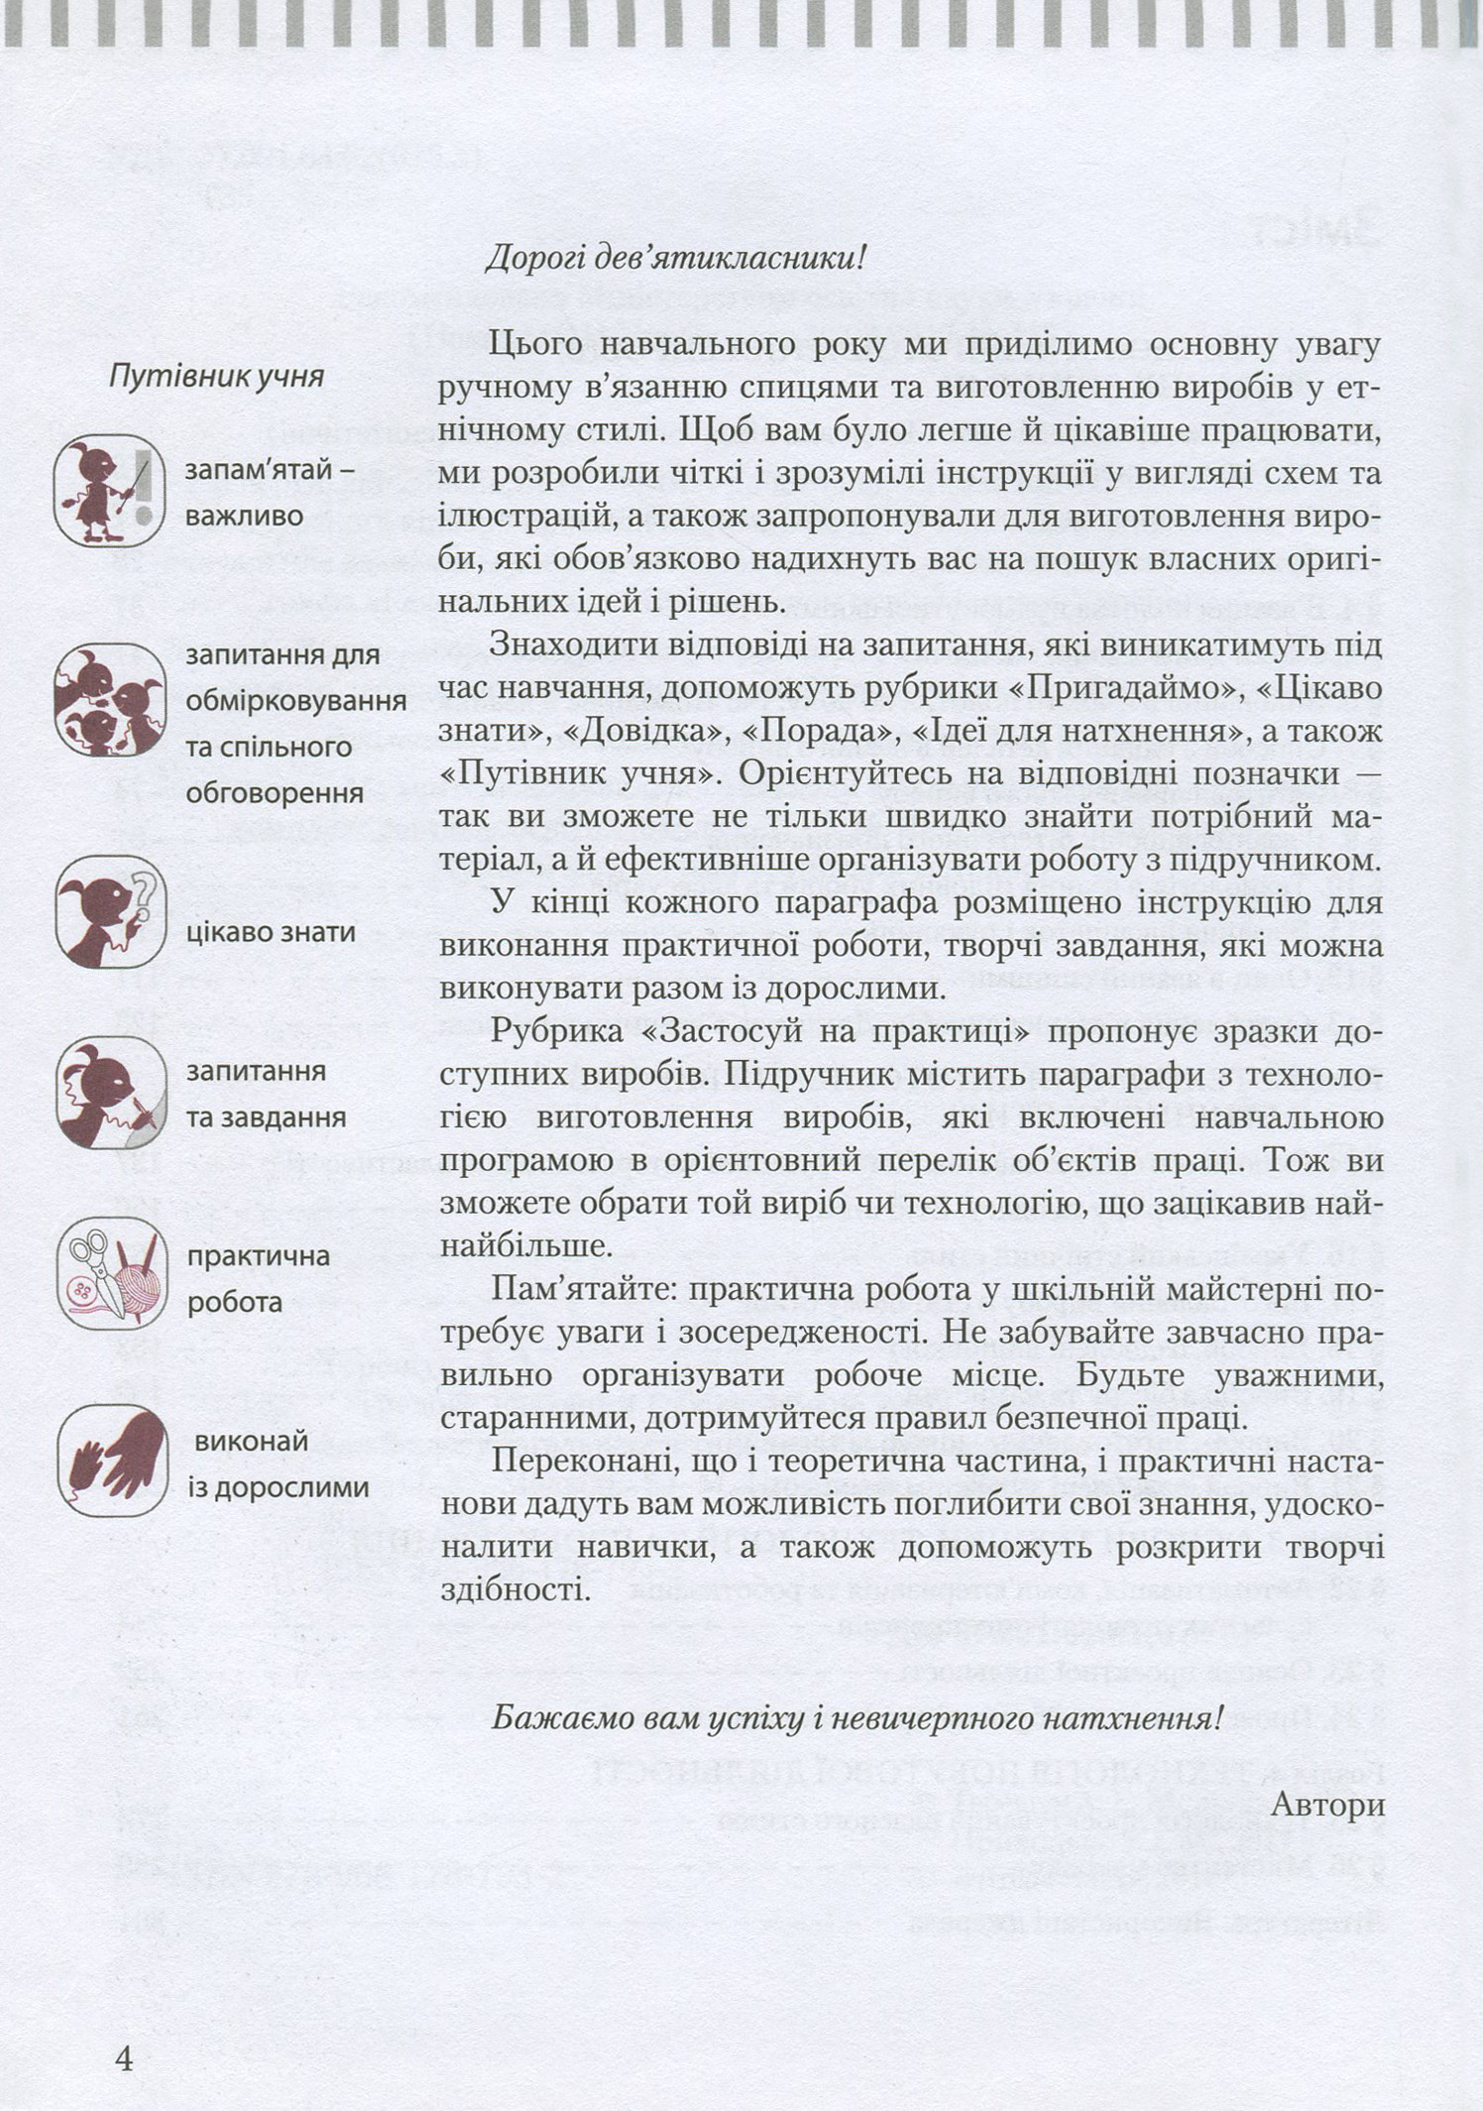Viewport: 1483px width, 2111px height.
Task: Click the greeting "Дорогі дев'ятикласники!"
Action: [x=676, y=260]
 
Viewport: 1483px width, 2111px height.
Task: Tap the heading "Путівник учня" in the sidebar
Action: [x=216, y=378]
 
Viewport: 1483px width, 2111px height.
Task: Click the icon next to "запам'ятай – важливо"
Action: [x=108, y=490]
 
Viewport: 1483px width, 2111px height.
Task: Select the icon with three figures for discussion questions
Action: [x=108, y=700]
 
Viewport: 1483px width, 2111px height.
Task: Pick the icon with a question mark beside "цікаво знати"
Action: [x=108, y=912]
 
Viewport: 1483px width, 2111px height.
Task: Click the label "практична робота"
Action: [x=258, y=1278]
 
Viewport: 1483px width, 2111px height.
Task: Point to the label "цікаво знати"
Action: [x=271, y=932]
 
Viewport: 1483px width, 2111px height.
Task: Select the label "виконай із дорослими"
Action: [x=278, y=1465]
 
